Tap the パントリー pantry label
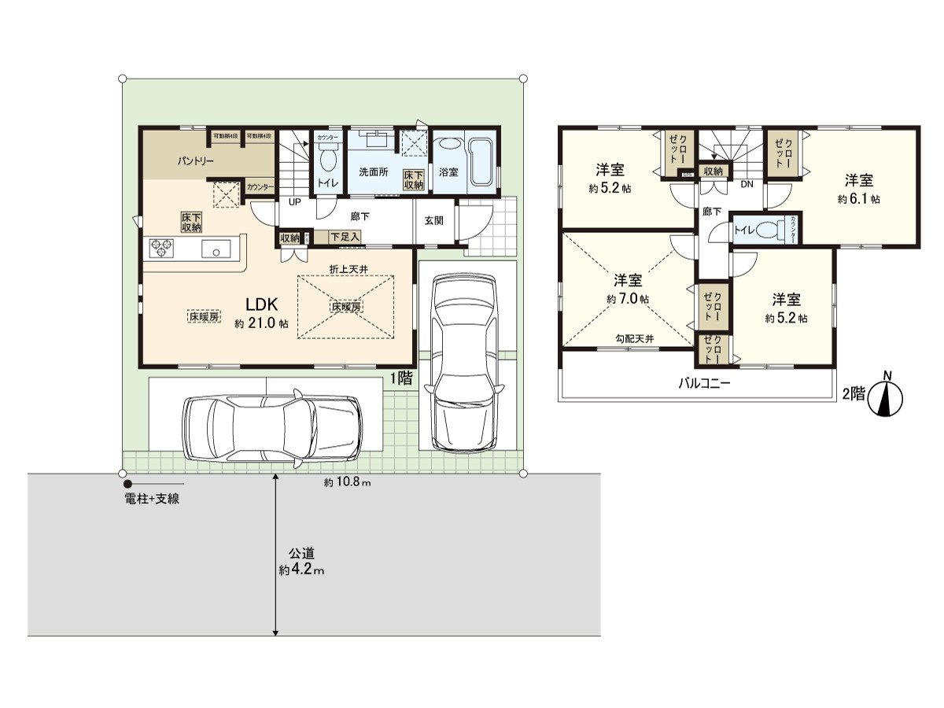[x=196, y=160]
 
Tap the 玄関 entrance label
[x=433, y=220]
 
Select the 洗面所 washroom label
[x=374, y=171]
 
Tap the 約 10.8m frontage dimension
[x=347, y=482]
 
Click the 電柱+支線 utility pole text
[x=151, y=498]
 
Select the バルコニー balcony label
[x=706, y=384]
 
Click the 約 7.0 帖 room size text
[x=628, y=300]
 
